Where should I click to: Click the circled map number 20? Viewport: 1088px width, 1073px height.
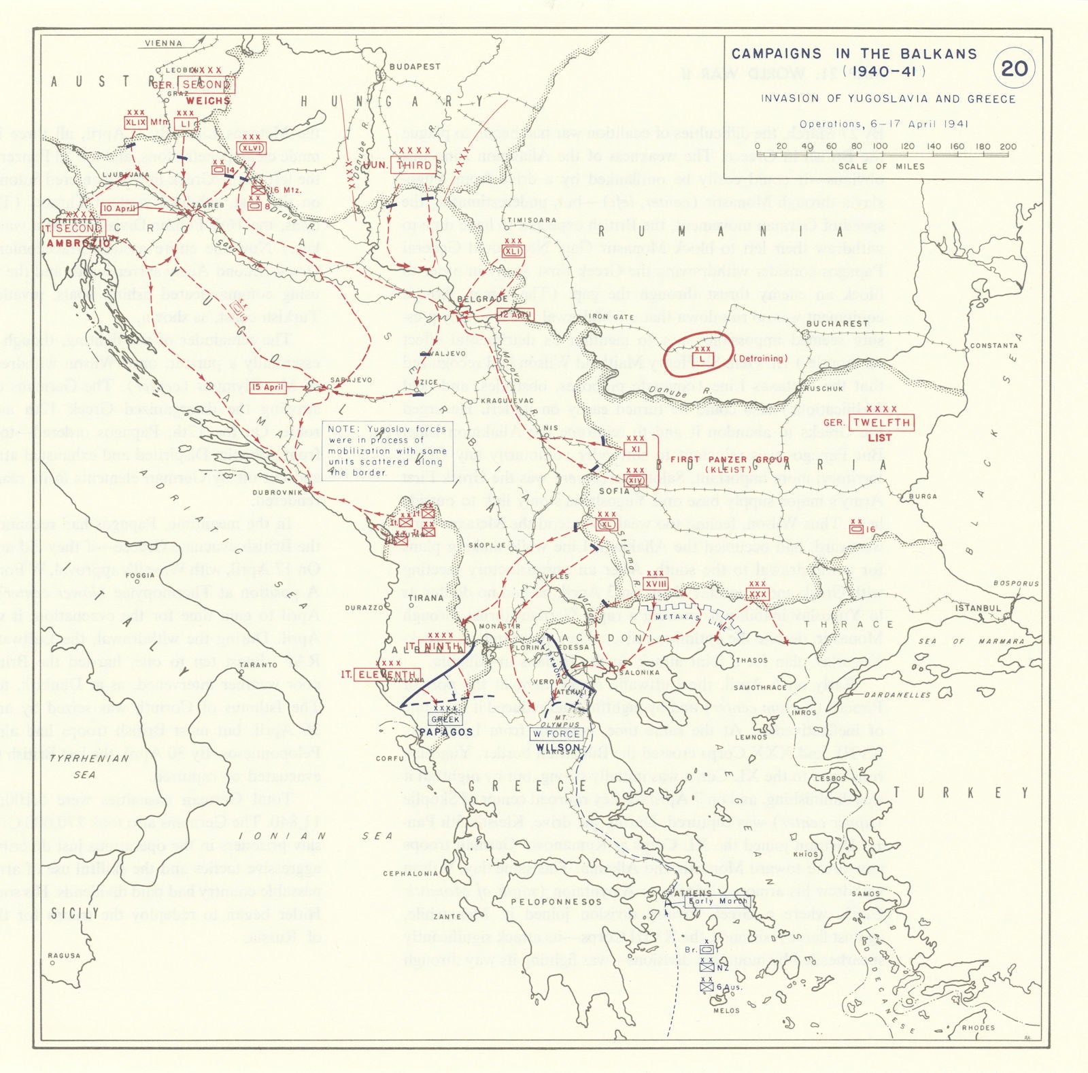(1014, 68)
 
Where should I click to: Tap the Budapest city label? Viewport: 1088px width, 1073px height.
(415, 67)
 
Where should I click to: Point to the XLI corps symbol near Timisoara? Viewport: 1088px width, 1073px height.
(513, 251)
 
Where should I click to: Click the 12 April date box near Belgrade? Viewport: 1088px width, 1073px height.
(515, 314)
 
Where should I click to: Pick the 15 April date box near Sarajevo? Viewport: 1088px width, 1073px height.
(268, 387)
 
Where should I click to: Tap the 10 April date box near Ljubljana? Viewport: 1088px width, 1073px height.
(119, 209)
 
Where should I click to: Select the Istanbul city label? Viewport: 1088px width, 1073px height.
(978, 608)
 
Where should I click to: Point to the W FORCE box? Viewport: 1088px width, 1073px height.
(556, 734)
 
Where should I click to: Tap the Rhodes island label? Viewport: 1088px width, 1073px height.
(978, 1027)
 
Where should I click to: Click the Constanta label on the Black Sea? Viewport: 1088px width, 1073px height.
(993, 345)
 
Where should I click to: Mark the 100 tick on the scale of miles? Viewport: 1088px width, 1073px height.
(880, 146)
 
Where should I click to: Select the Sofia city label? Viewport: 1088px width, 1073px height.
(614, 491)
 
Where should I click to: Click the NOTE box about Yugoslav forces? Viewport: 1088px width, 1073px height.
(387, 450)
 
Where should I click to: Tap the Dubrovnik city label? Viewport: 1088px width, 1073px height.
(277, 492)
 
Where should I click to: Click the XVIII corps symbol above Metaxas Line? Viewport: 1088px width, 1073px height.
(656, 584)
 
